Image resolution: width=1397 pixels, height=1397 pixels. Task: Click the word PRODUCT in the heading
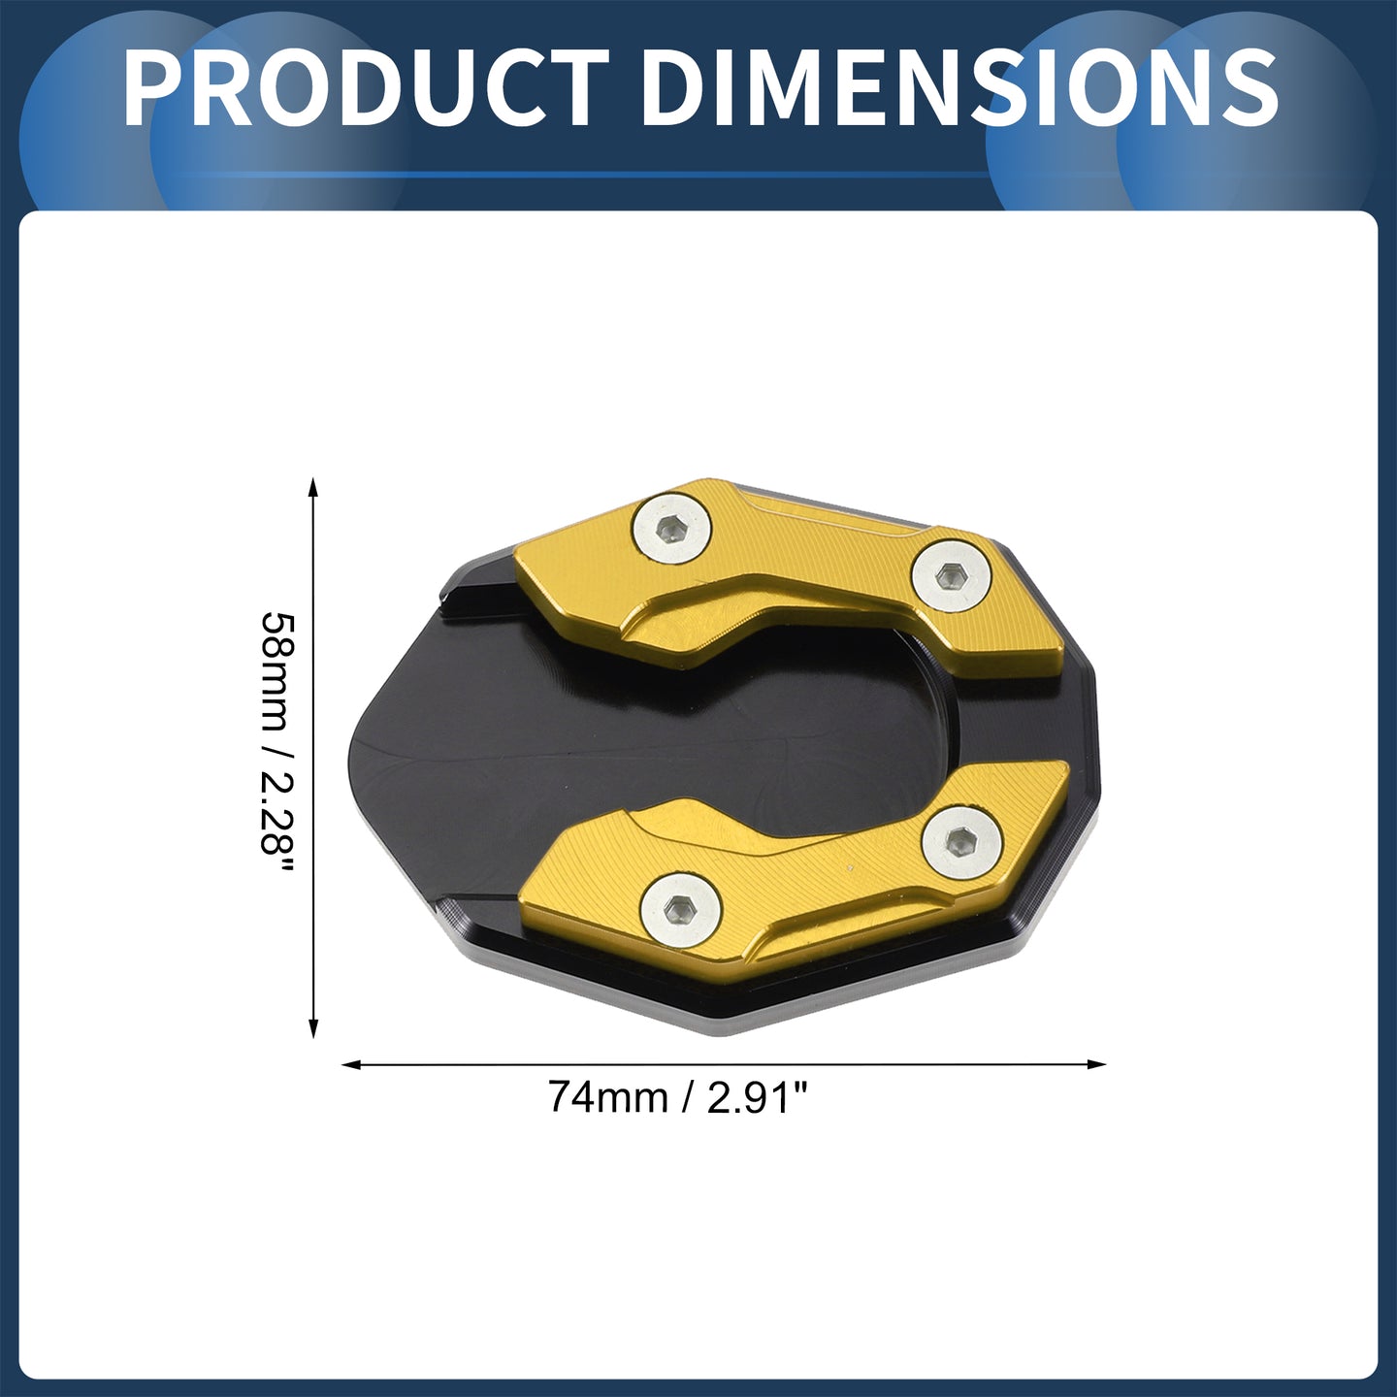coord(365,89)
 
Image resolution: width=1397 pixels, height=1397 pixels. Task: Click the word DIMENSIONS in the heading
coord(959,89)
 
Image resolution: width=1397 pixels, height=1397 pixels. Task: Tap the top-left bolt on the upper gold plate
coord(670,529)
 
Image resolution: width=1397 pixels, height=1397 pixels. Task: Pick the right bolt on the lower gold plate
coord(961,841)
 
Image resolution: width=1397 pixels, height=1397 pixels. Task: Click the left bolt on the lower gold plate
coord(680,908)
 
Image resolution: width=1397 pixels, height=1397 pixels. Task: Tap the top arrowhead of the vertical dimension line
coord(313,486)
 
